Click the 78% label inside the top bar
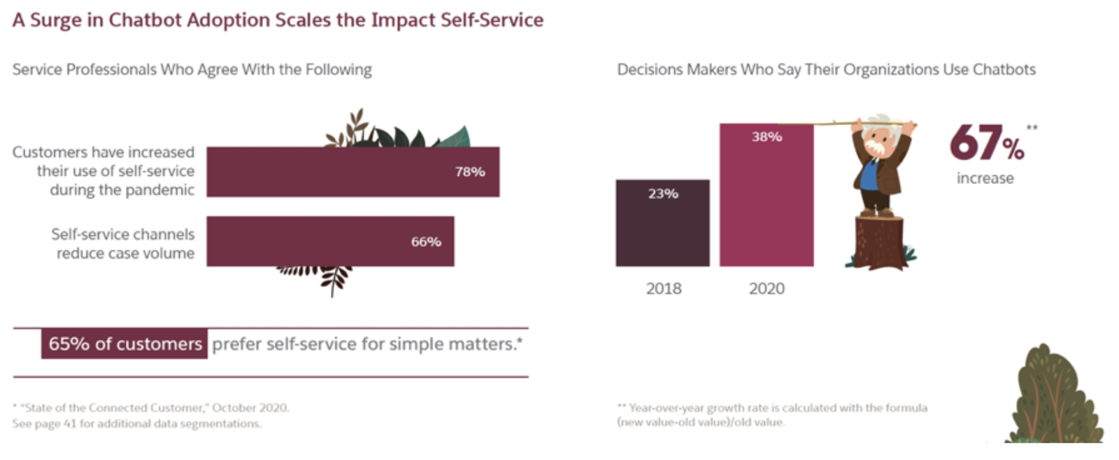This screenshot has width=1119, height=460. click(x=470, y=171)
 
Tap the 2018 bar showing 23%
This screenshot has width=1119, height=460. click(x=662, y=224)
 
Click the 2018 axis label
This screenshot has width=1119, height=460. click(x=663, y=288)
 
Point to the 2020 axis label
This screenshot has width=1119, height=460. click(x=767, y=288)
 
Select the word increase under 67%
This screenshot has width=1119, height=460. click(x=985, y=178)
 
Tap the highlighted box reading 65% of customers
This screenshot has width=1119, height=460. click(x=124, y=344)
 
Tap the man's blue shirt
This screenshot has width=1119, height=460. click(x=869, y=175)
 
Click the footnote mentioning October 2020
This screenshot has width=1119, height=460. click(x=150, y=408)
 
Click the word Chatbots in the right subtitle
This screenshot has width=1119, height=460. click(x=1004, y=69)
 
